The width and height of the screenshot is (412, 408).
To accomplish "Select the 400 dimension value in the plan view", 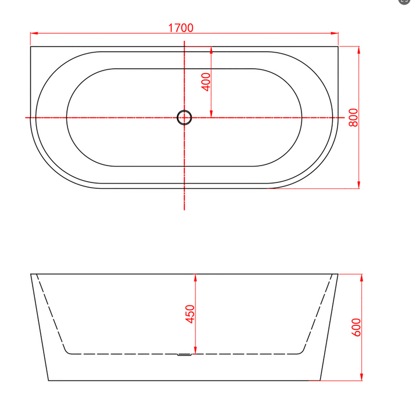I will (204, 81).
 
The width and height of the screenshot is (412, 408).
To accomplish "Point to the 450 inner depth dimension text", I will (189, 314).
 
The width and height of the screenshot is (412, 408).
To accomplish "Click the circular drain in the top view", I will (184, 118).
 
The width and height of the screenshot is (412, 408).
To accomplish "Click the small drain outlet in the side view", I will (184, 354).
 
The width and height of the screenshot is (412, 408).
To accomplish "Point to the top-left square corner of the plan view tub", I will (31, 47).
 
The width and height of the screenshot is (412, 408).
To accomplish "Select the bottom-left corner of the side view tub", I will (49, 381).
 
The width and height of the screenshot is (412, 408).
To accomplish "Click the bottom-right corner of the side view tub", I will (321, 381).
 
